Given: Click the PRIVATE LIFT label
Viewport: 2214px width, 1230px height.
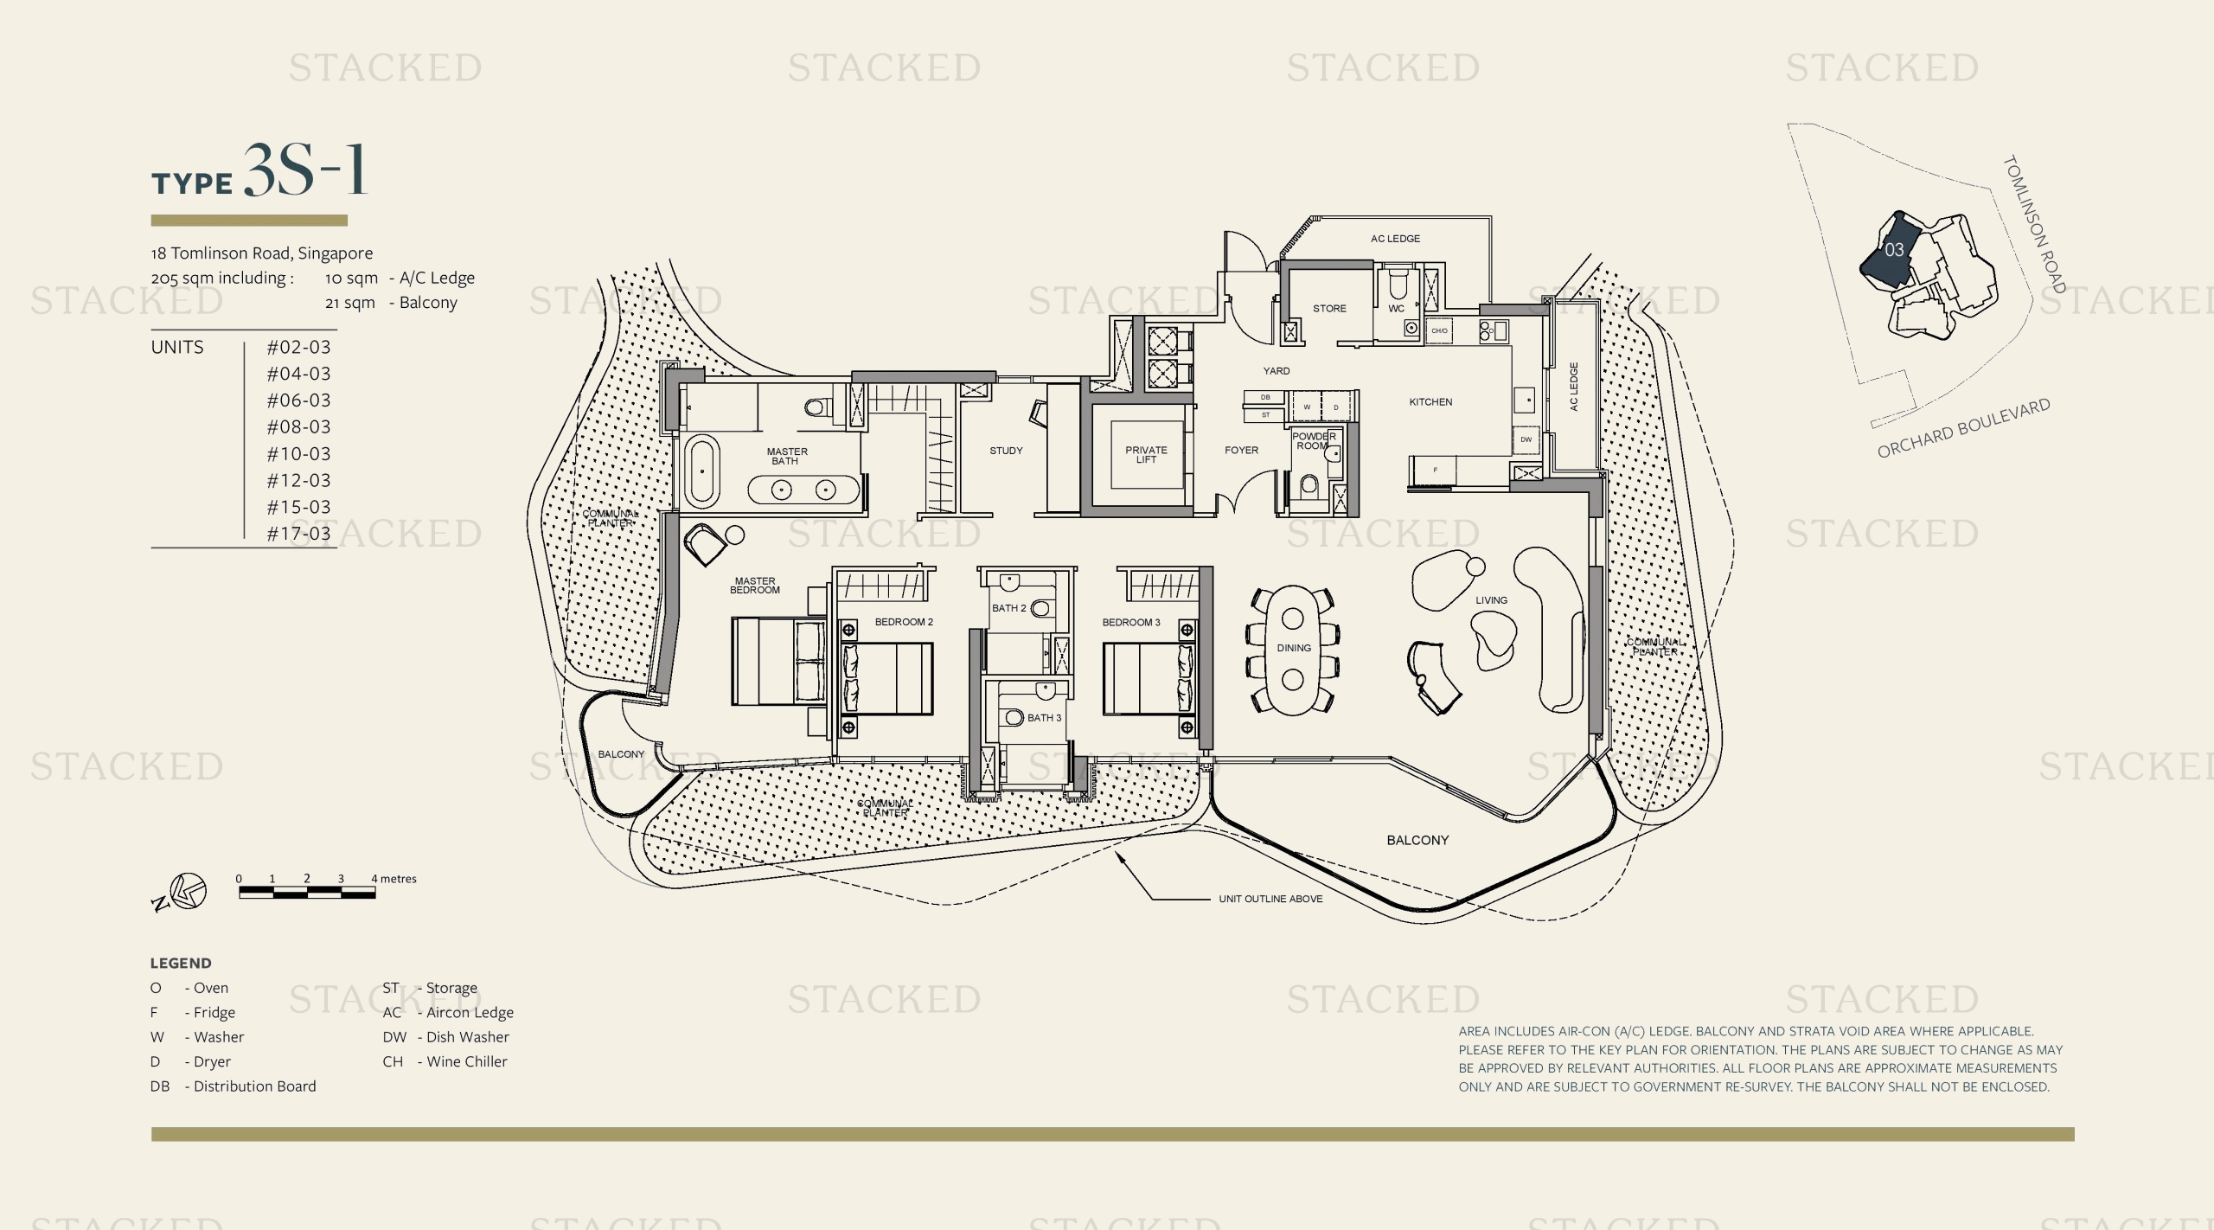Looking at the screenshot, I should click(1146, 455).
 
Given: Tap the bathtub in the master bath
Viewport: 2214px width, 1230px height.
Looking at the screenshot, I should click(701, 472).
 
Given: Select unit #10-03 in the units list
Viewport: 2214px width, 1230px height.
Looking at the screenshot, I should click(298, 453).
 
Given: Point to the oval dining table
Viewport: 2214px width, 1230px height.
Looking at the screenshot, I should click(1293, 649).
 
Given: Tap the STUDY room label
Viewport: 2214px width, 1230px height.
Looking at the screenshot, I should click(1006, 451).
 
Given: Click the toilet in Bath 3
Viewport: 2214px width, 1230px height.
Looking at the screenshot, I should click(1014, 718).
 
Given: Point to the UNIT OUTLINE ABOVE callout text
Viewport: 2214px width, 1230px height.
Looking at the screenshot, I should click(1270, 899).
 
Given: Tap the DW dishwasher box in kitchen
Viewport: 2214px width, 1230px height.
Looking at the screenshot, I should click(1526, 439).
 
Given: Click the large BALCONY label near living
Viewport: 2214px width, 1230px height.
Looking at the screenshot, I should click(1417, 840).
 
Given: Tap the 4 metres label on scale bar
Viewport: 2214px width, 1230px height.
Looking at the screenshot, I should click(394, 879).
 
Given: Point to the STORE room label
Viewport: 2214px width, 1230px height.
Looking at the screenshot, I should click(1329, 309).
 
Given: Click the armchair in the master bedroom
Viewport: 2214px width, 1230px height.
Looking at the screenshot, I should click(705, 544).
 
